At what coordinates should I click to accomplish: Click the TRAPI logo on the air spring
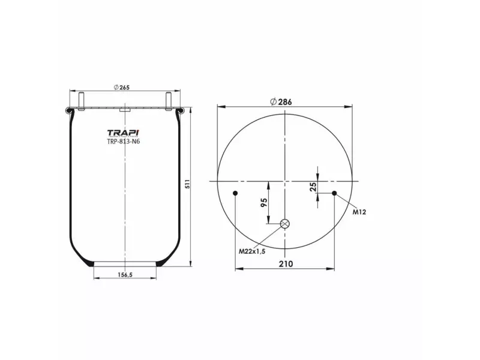[x=124, y=133]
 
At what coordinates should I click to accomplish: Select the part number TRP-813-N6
[x=124, y=142]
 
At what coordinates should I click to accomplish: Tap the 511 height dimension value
[x=187, y=184]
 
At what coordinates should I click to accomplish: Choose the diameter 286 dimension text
[x=284, y=102]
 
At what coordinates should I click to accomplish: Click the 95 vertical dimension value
[x=264, y=202]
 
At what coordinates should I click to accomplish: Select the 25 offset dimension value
[x=313, y=187]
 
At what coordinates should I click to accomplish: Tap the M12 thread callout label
[x=359, y=212]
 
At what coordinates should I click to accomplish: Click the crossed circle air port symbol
[x=285, y=224]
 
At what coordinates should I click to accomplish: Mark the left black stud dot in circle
[x=235, y=193]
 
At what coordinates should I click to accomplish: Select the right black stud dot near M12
[x=334, y=193]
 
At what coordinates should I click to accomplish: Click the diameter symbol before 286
[x=273, y=102]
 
